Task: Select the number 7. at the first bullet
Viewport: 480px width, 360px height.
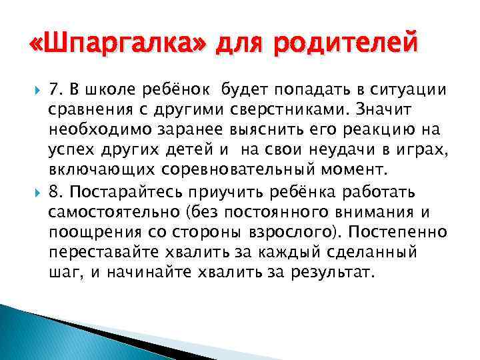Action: (57, 89)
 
